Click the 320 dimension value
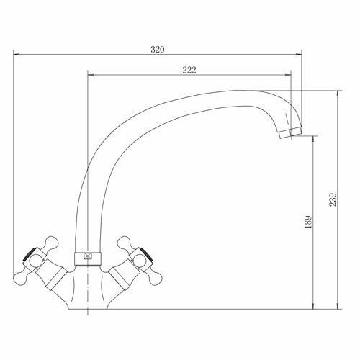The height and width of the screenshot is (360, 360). tap(158, 50)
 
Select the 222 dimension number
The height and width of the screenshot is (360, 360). tap(189, 70)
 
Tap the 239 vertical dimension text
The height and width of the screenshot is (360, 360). tap(333, 199)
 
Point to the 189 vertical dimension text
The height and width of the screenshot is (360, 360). tap(308, 222)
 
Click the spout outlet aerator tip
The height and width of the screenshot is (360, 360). tap(290, 133)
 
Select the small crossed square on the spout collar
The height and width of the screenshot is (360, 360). tap(88, 256)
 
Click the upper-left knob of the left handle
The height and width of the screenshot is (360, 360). tap(52, 243)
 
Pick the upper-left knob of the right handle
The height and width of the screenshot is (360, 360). tap(124, 243)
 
